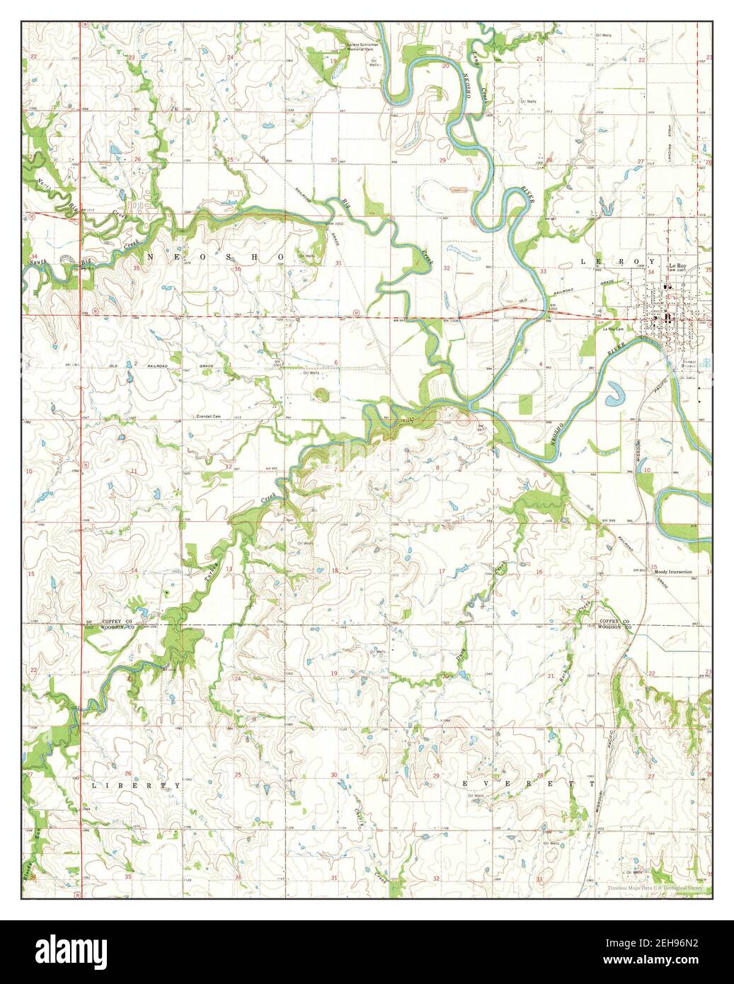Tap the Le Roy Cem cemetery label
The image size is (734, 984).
[x=613, y=329]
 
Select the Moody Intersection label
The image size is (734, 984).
[x=673, y=571]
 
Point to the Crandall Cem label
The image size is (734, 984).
[x=210, y=417]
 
